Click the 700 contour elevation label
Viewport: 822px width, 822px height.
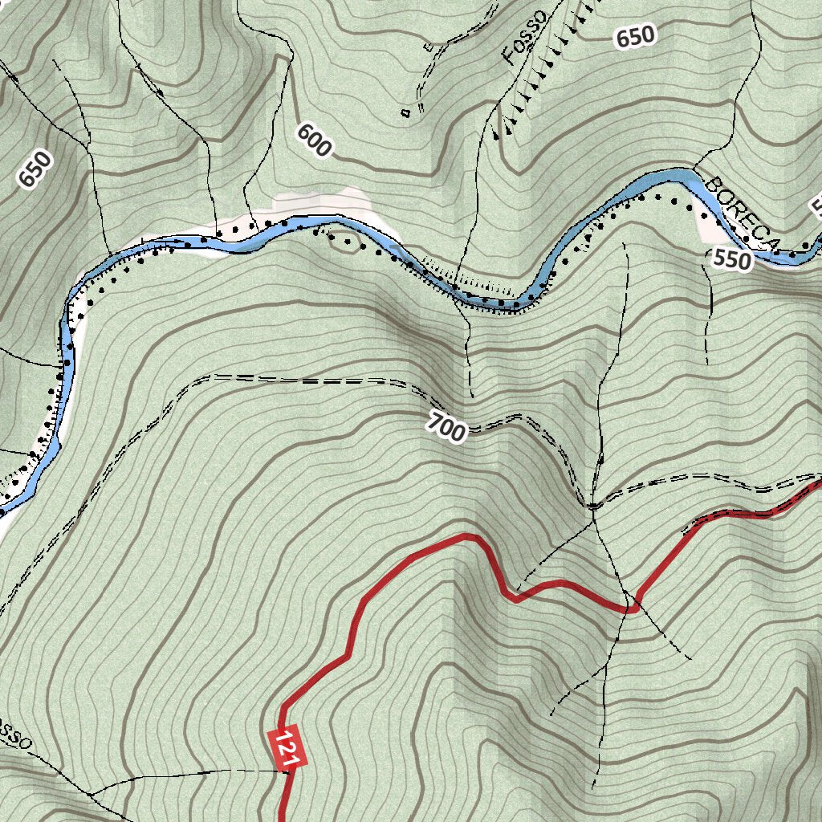click(x=446, y=426)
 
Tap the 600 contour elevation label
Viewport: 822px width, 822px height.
click(x=313, y=140)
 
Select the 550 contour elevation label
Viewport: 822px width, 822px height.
click(x=731, y=260)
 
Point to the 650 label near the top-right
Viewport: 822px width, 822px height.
click(x=636, y=36)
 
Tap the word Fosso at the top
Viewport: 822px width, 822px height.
click(x=526, y=36)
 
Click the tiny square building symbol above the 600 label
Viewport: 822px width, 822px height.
click(x=406, y=112)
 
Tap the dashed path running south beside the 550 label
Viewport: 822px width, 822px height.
click(x=710, y=313)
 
